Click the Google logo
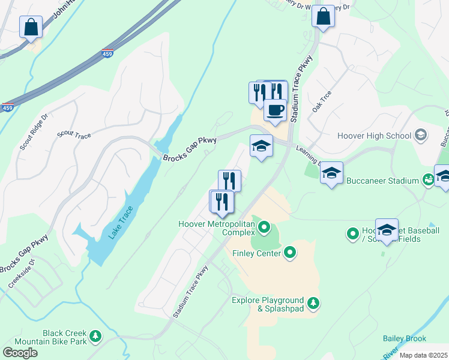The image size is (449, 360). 20,352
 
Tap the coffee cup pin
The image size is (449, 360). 275,111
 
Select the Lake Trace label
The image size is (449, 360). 121,223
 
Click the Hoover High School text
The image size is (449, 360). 375,136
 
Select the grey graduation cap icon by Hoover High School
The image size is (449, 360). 421,136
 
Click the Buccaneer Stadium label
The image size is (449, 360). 386,181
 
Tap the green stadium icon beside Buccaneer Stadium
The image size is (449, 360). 427,179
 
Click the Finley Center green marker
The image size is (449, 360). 290,253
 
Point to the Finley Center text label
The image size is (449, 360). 256,254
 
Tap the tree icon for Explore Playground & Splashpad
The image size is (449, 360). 313,304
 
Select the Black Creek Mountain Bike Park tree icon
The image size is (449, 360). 95,337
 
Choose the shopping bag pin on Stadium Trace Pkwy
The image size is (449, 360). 323,17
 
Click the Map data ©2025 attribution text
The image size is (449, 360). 423,355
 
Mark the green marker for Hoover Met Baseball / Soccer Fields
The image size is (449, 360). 353,233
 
